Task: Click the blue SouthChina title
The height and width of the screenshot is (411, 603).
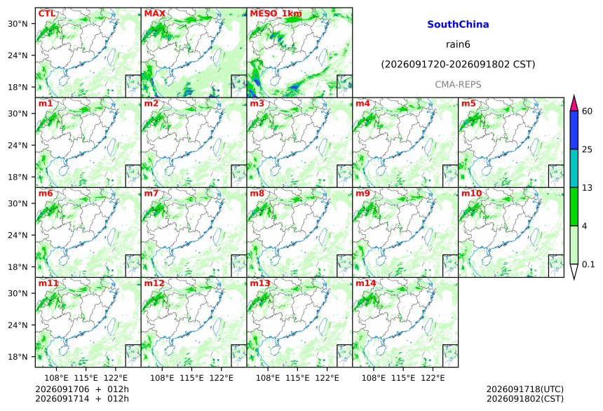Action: tap(458, 25)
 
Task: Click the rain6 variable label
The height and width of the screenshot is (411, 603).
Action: tap(458, 44)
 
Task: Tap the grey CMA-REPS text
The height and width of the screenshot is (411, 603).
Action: tap(458, 84)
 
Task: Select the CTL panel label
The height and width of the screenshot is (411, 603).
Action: tap(46, 14)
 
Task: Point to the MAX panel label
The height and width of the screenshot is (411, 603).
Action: tap(154, 14)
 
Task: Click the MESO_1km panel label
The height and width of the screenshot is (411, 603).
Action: tap(276, 14)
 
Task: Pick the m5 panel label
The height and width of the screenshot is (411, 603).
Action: tap(468, 104)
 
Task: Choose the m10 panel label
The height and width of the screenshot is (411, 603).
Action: tap(471, 194)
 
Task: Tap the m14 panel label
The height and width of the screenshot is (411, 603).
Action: tap(366, 283)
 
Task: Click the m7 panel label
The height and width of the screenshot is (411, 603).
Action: tap(151, 194)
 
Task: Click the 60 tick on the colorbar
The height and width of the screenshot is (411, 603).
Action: tap(588, 112)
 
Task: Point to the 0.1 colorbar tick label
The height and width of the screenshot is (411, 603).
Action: tap(588, 264)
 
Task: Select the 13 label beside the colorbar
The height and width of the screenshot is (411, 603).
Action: tap(588, 188)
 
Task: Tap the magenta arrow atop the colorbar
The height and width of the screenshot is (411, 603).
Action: tap(574, 103)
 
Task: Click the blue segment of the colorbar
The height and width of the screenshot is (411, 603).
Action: tap(574, 130)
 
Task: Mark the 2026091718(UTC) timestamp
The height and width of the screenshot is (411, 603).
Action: tap(525, 389)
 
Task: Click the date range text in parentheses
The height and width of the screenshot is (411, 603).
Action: tap(458, 65)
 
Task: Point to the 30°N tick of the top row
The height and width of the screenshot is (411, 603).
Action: tap(18, 24)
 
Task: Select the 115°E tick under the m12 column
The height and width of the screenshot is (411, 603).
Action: tap(191, 378)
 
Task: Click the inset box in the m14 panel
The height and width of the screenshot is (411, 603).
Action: tap(450, 356)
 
